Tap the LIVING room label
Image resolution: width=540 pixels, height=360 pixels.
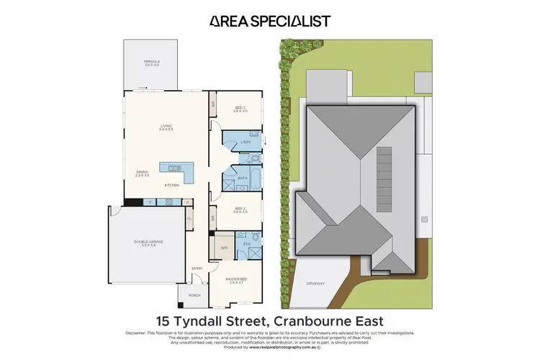(166, 127)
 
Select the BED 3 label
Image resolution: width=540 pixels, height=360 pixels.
(240, 109)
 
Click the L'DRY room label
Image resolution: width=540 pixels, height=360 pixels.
(245, 143)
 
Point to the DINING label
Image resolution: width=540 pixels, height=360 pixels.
(143, 172)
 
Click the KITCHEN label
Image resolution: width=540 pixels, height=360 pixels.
(171, 186)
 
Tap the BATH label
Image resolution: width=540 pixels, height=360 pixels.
(243, 176)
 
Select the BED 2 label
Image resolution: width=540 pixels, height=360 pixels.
(240, 210)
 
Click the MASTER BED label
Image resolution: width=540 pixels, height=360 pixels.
(238, 282)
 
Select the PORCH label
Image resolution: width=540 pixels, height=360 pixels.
(194, 294)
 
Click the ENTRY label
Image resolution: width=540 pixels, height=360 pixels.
(197, 269)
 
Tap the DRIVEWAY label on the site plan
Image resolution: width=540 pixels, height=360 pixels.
(316, 284)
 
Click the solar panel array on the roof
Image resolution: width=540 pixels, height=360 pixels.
(386, 168)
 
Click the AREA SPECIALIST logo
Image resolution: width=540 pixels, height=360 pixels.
(270, 21)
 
